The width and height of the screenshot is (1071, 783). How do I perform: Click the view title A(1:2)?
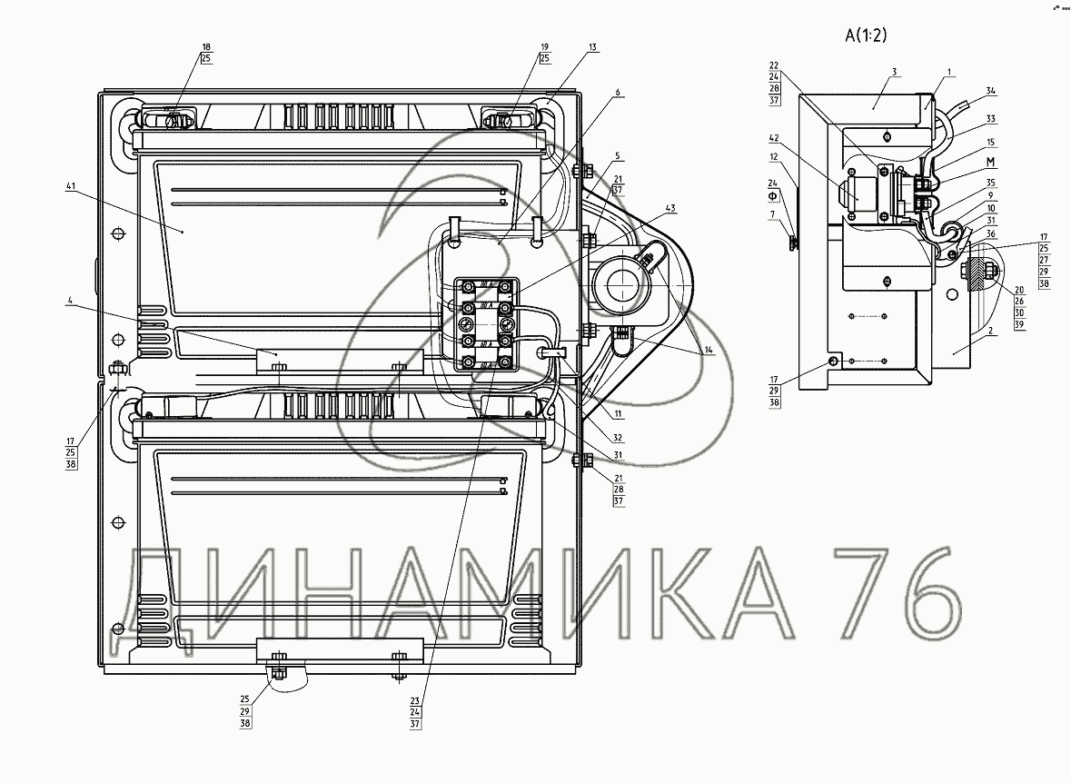[x=865, y=36]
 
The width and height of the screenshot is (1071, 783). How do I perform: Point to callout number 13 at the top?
[x=592, y=46]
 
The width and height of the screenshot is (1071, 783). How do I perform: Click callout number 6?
[x=617, y=93]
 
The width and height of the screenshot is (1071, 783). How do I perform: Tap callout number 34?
[x=991, y=90]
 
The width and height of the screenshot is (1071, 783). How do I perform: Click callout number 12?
[x=772, y=156]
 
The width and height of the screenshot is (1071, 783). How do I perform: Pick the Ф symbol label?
[x=773, y=195]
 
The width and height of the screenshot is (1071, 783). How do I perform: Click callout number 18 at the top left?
[x=206, y=46]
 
